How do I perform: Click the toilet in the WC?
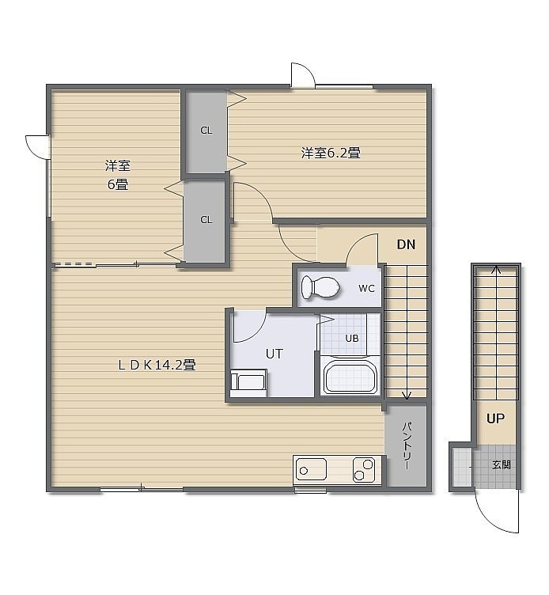320,287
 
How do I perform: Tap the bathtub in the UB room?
350,376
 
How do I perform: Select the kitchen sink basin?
311,469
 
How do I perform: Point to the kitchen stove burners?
364,469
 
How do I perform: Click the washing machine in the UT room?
248,382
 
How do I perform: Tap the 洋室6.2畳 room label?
331,153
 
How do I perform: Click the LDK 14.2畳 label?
157,365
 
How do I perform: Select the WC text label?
366,288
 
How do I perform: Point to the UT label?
274,354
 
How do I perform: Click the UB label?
352,338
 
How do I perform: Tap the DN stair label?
406,244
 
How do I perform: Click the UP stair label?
495,419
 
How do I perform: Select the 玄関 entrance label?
502,464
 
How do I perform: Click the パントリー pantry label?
407,445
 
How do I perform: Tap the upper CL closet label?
206,130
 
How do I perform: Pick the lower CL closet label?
206,220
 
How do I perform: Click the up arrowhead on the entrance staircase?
496,270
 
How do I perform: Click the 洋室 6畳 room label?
118,175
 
